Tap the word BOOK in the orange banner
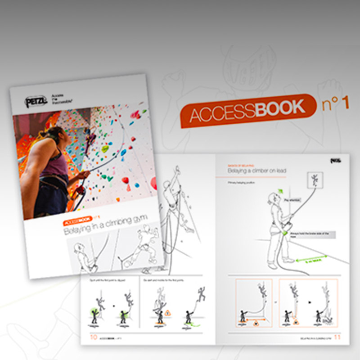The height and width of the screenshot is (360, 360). tap(279, 108)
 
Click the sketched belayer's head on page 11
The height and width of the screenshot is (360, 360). tap(272, 198)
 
